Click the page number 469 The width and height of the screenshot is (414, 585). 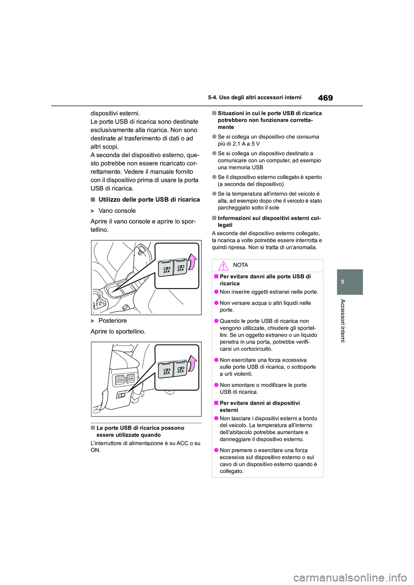coord(325,98)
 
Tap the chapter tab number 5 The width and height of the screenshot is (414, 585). coord(350,282)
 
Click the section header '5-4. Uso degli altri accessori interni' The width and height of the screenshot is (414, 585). coord(254,98)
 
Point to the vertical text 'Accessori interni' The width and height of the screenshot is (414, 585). coord(343,321)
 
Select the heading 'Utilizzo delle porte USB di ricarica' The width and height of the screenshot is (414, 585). coord(149,200)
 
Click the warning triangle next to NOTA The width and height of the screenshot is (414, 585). coord(223,266)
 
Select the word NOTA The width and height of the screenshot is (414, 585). coord(240,265)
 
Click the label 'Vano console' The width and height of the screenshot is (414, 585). coord(117,211)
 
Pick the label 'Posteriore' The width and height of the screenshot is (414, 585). coord(113,321)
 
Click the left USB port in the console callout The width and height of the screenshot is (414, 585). coord(166,269)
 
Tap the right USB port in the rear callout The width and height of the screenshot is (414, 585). coord(180,368)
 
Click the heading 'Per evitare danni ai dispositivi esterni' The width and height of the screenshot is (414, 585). coord(260,407)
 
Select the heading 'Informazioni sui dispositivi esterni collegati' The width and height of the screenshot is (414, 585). coord(269,221)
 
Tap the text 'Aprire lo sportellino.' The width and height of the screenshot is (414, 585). coord(118,332)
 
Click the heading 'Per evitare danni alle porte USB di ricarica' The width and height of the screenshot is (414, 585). coord(265,280)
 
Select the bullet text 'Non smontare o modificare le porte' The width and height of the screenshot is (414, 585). coord(263,385)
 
